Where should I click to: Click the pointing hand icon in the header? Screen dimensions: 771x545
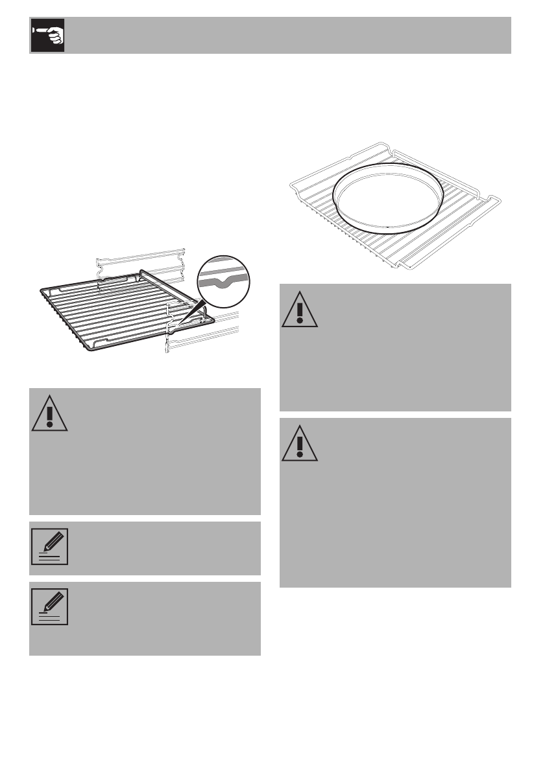click(x=47, y=36)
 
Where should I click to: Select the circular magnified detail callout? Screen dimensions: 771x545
click(x=222, y=282)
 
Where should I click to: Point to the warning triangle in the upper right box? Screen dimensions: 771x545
click(x=300, y=310)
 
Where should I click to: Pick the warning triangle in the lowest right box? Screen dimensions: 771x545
click(x=300, y=444)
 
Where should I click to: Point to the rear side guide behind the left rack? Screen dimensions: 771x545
click(x=139, y=262)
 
